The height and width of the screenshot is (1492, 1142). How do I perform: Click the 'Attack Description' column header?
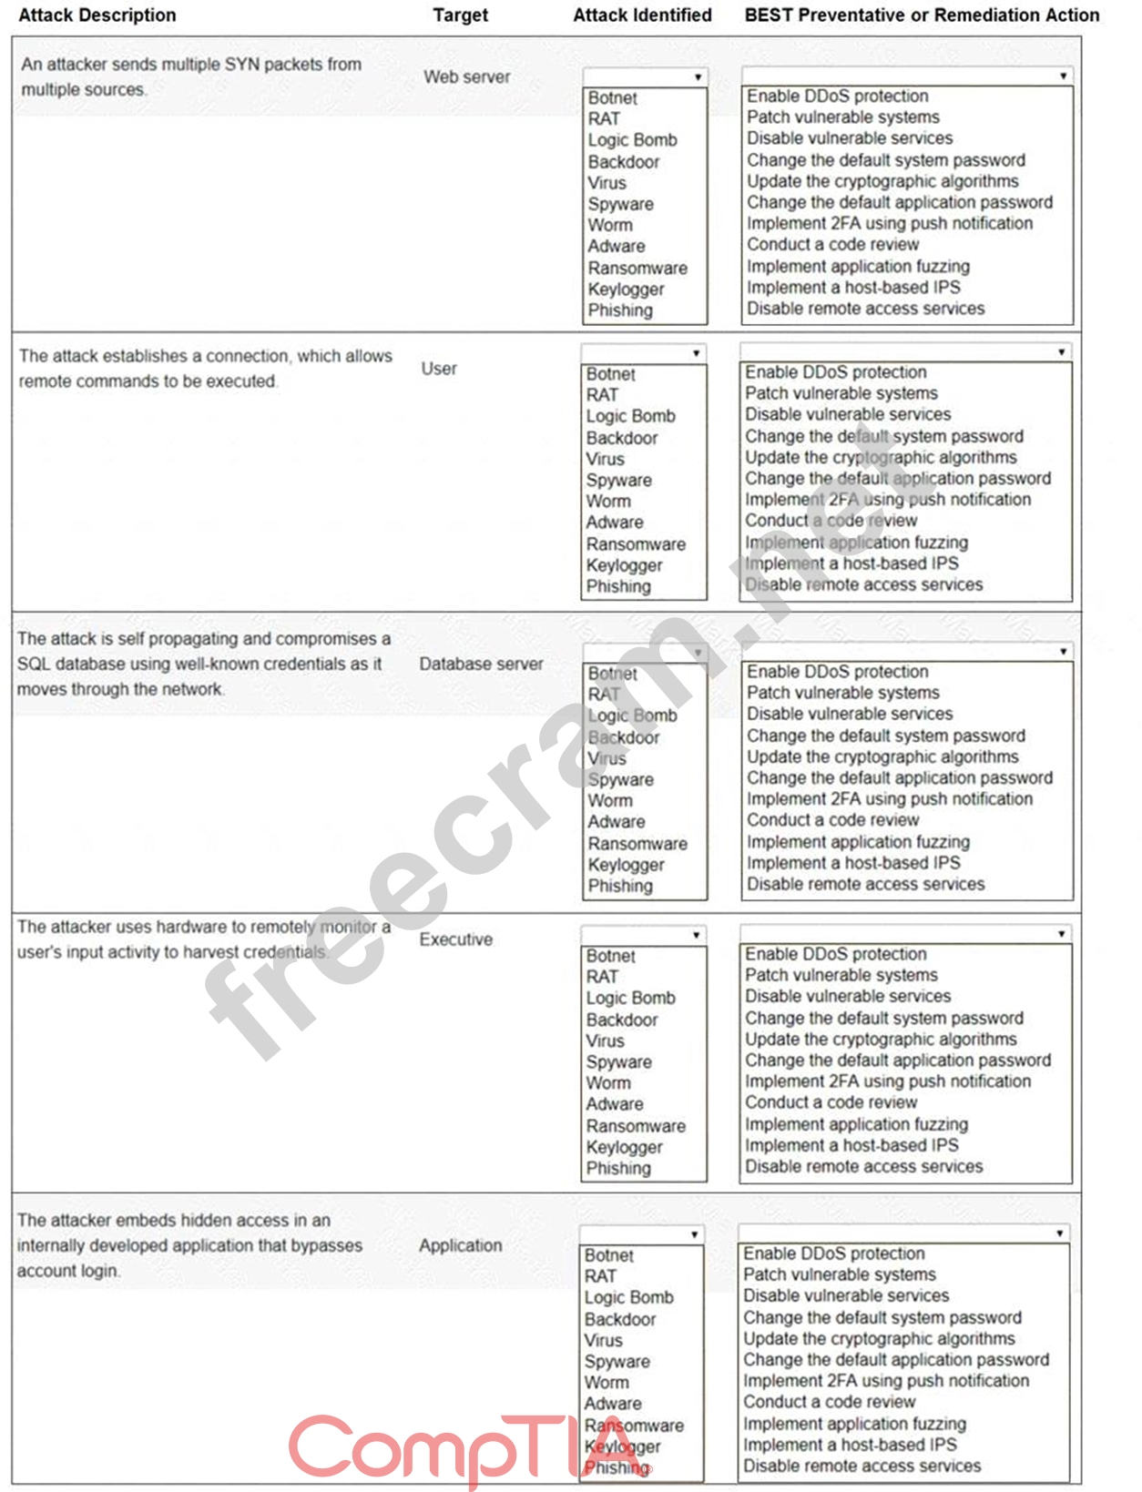point(97,15)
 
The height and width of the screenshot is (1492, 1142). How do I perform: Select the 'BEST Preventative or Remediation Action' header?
point(922,15)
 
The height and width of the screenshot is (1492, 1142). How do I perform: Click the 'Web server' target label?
point(466,77)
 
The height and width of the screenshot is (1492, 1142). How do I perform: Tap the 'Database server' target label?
point(481,665)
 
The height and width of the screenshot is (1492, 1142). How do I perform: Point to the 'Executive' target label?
point(455,939)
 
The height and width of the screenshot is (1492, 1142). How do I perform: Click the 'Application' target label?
point(460,1245)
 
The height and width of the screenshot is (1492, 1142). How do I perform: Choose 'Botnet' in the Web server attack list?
point(613,98)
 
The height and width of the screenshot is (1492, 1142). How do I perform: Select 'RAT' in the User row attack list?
point(602,395)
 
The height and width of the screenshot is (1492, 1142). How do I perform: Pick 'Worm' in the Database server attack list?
point(610,801)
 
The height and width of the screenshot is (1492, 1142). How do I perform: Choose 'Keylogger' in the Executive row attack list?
point(625,1147)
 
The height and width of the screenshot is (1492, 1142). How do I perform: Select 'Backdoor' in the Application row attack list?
point(620,1319)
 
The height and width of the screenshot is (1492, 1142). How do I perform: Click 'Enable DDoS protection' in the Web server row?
point(838,96)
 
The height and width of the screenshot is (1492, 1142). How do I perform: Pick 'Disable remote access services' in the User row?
point(864,584)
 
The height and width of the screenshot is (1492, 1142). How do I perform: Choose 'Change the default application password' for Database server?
point(900,778)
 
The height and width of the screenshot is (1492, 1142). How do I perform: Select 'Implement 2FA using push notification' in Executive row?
point(888,1081)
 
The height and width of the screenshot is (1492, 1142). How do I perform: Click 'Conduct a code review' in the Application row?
point(829,1402)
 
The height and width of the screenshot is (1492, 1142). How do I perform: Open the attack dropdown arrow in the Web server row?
point(698,77)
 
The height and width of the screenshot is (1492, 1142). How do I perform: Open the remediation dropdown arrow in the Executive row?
point(1061,934)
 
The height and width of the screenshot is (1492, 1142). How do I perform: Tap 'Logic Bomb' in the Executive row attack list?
point(631,999)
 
